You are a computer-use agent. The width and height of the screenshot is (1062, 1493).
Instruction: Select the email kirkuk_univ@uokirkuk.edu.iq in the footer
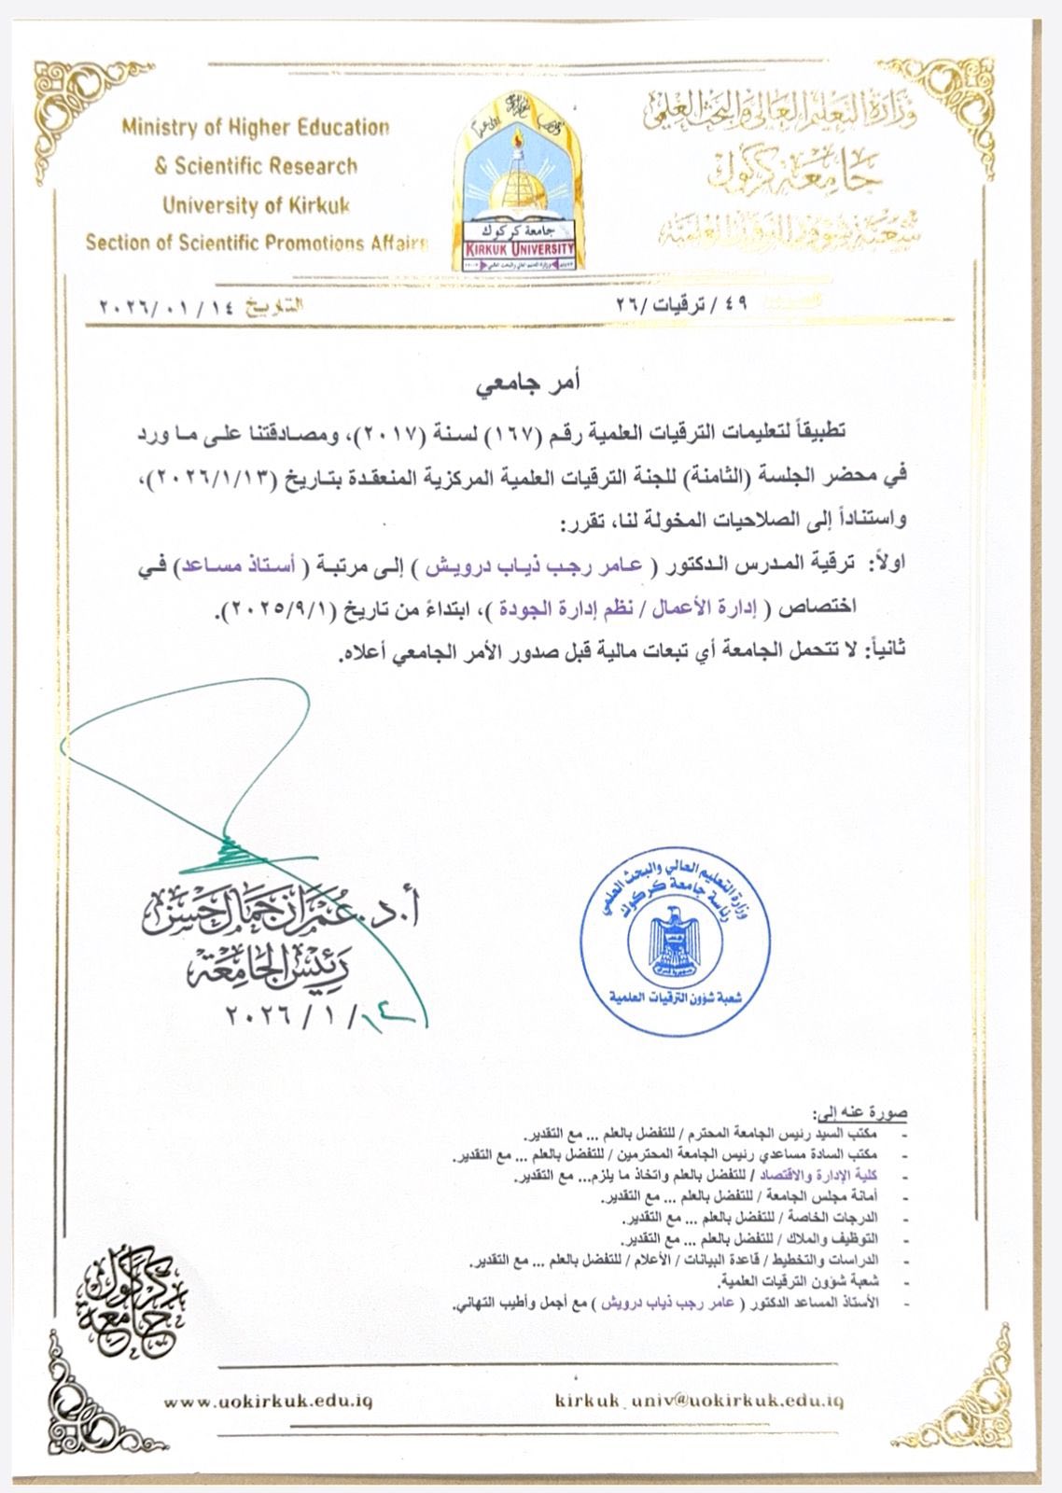(699, 1401)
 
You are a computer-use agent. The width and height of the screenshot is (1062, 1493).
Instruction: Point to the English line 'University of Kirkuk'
(256, 205)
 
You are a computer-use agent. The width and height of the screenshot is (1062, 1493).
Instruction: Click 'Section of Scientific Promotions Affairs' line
(256, 244)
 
